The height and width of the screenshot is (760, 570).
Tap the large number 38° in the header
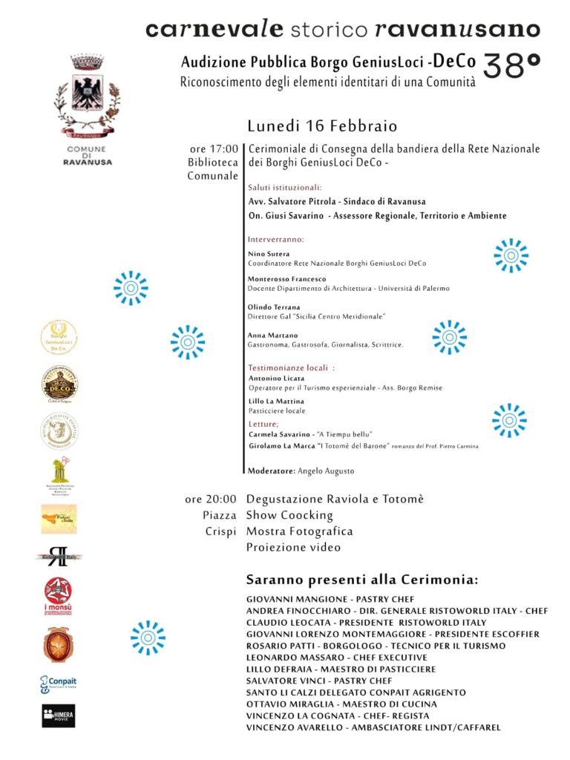point(511,67)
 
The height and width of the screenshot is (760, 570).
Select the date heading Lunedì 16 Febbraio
point(322,125)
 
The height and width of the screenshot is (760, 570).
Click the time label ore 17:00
point(214,149)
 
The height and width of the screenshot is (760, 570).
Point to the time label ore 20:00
point(211,499)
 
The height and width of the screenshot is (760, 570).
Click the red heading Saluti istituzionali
point(285,188)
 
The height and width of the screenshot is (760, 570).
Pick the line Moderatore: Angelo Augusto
point(301,471)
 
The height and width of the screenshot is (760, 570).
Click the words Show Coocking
point(289,515)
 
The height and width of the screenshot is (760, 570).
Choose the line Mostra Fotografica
point(299,531)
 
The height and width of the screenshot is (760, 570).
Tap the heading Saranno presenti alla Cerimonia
point(362,580)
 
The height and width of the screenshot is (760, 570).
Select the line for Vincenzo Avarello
point(373,727)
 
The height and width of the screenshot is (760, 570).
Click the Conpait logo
point(59,684)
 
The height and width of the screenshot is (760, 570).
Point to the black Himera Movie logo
point(59,715)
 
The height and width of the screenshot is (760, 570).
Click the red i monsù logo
point(59,596)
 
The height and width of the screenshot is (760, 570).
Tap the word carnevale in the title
point(214,29)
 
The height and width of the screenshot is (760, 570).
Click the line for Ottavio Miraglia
point(341,704)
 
